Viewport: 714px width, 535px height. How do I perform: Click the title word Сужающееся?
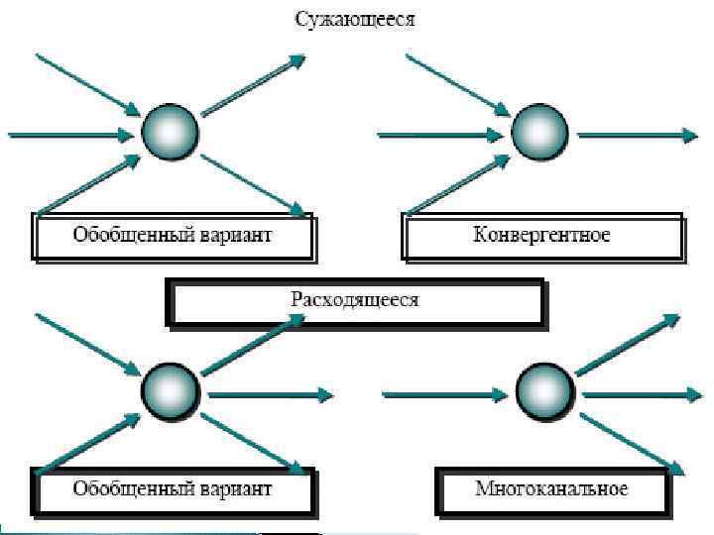pyautogui.click(x=353, y=19)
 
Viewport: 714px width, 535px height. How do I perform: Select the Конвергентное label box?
pyautogui.click(x=542, y=237)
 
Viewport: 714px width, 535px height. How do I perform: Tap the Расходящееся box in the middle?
pyautogui.click(x=355, y=300)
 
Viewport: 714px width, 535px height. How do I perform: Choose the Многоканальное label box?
pyautogui.click(x=551, y=489)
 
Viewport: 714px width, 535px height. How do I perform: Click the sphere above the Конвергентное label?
pyautogui.click(x=538, y=133)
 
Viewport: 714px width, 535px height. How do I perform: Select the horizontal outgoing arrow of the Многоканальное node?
pyautogui.click(x=640, y=395)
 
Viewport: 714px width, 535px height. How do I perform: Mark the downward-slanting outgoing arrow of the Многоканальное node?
pyautogui.click(x=632, y=443)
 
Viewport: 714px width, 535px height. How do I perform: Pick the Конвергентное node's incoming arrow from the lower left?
pyautogui.click(x=458, y=184)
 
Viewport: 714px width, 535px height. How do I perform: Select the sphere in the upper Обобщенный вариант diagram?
pyautogui.click(x=169, y=133)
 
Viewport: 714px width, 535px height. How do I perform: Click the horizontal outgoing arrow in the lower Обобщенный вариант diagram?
pyautogui.click(x=268, y=395)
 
